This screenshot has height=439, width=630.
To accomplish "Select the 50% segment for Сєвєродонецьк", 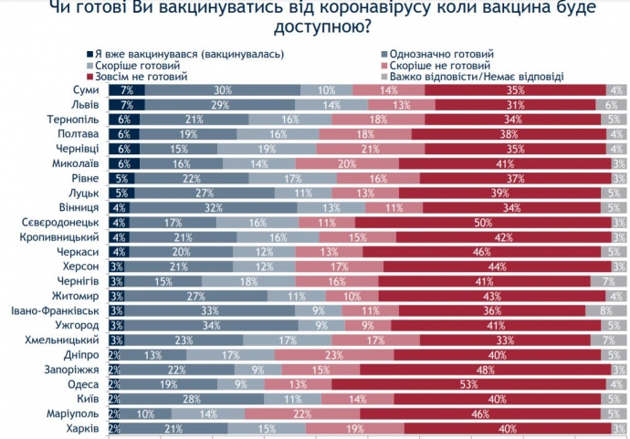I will (484, 221).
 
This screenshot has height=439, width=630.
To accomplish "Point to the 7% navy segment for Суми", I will (126, 89).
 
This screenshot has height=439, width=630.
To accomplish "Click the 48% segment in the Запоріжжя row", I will (485, 369).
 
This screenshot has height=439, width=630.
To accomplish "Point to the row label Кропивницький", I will (68, 235).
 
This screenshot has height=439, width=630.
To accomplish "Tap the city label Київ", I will (89, 398).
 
